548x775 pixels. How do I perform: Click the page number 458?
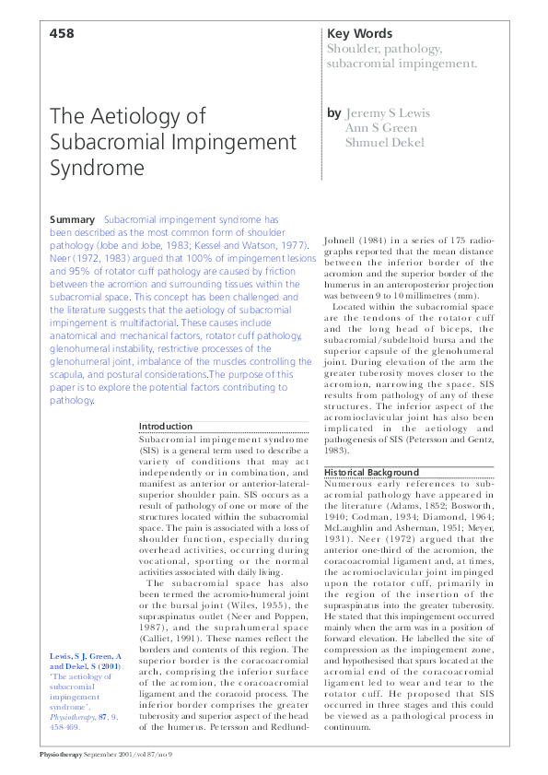[61, 33]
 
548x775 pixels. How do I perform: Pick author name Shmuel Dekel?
[385, 143]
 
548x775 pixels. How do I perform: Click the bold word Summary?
[71, 220]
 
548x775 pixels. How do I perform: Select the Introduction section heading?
[165, 427]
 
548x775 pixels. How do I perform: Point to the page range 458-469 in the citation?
[67, 726]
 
